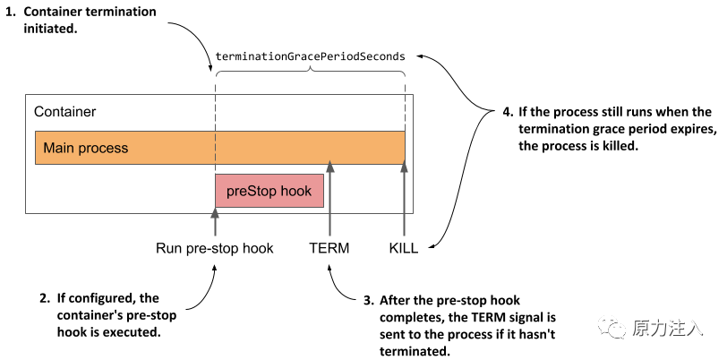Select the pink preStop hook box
coord(269,191)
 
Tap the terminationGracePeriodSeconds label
coord(310,56)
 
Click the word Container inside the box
coord(64,112)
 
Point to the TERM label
coord(329,248)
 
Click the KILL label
coord(404,248)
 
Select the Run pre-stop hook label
coord(215,248)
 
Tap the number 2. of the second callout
coord(44,297)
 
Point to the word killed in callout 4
coord(617,146)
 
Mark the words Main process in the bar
coord(86,148)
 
